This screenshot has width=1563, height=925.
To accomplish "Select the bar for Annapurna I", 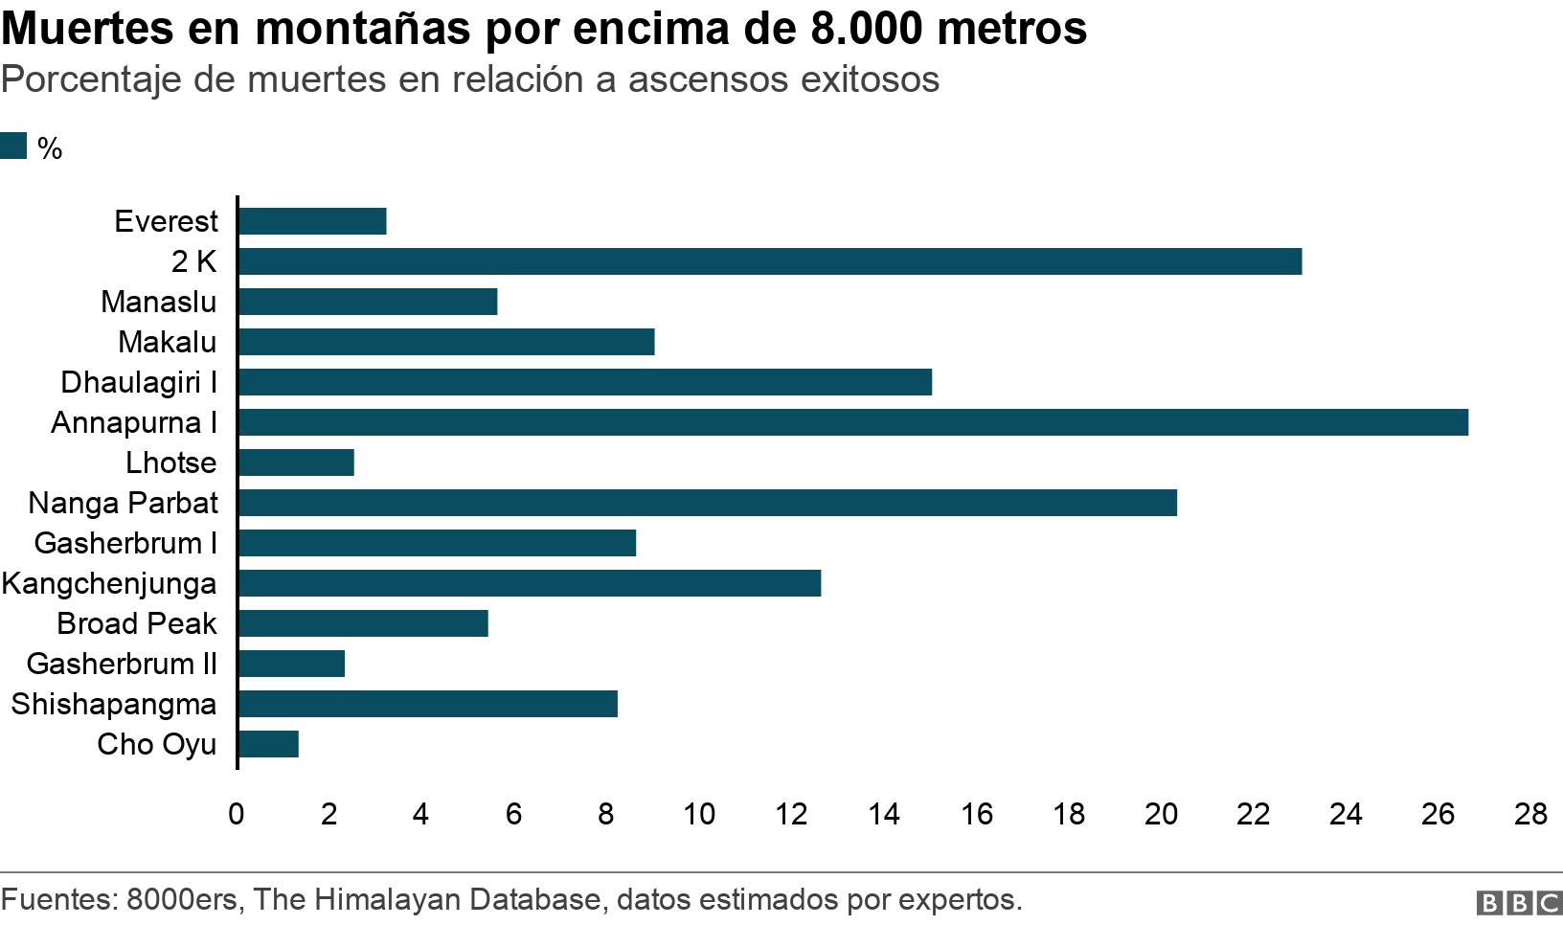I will point(852,422).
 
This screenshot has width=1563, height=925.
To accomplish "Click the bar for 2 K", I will point(769,261).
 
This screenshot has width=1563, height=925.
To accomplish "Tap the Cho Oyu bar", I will point(268,744).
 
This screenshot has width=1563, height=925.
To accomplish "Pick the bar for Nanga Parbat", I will point(707,503).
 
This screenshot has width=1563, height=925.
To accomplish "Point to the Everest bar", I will point(312,221).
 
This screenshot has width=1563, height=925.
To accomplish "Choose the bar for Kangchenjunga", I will point(529,583).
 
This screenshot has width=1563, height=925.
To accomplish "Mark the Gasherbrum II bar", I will point(291,664).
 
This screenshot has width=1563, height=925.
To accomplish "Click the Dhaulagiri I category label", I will point(139,382).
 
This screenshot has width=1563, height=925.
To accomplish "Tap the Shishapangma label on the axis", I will point(114,704).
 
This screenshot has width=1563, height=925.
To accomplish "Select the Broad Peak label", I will point(137,623).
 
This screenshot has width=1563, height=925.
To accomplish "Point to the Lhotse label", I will point(171,462).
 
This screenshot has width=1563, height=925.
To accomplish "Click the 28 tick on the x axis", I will point(1529,814).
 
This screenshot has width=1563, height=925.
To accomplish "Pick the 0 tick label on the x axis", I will point(237,814).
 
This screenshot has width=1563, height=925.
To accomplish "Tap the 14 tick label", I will point(883,814).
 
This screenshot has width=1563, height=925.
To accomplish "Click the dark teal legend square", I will point(13,147).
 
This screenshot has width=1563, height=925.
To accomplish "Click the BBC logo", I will point(1518,902).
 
